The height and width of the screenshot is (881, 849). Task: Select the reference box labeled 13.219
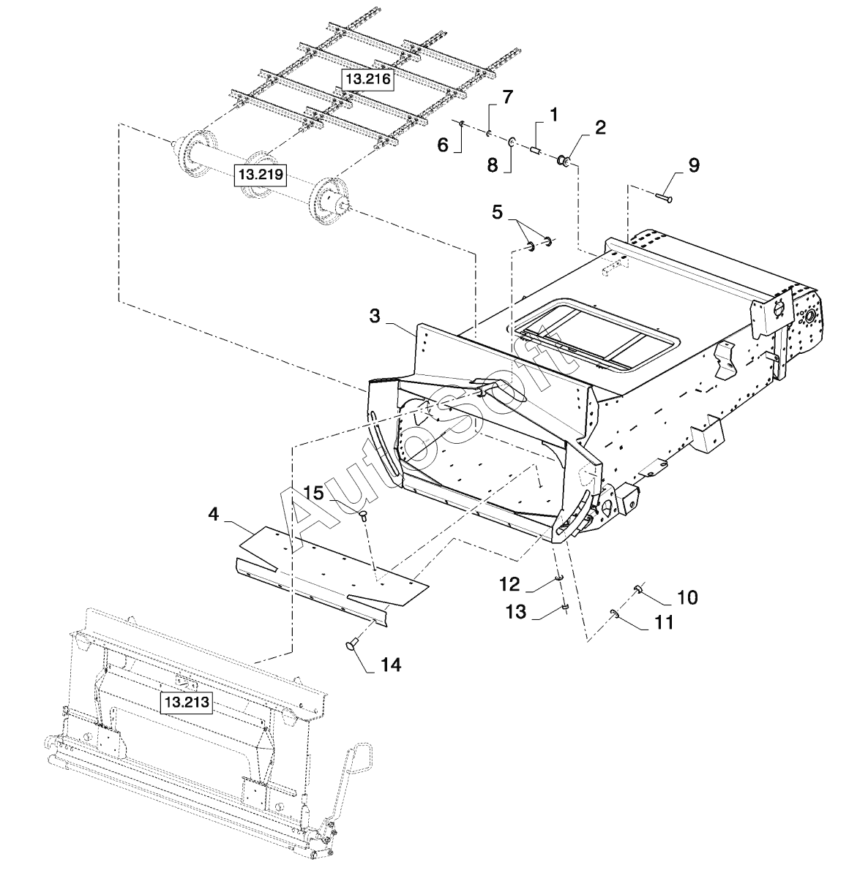click(x=260, y=175)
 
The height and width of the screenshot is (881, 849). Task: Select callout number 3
click(x=374, y=316)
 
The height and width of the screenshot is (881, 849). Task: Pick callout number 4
click(x=213, y=515)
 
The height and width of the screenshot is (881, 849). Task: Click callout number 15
click(x=313, y=493)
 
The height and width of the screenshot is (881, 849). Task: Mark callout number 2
click(x=600, y=128)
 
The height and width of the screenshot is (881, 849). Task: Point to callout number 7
click(x=507, y=97)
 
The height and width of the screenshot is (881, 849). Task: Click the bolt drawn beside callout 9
click(x=665, y=195)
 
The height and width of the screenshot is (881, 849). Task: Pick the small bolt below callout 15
click(x=364, y=516)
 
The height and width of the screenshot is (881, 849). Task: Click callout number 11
click(x=663, y=623)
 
